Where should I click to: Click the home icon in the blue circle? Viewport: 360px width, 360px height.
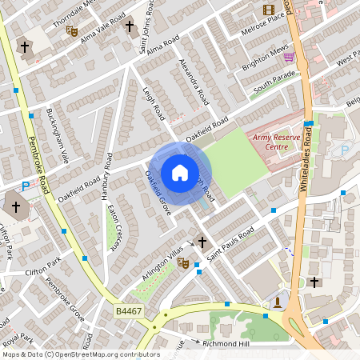180,172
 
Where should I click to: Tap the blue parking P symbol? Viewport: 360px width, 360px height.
25,186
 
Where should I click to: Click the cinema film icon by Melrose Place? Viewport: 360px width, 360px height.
269,10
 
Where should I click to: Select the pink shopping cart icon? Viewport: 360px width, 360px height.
288,57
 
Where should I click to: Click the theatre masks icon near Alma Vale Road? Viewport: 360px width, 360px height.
72,31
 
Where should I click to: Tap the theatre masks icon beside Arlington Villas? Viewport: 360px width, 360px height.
182,262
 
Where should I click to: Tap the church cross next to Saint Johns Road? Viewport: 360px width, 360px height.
130,27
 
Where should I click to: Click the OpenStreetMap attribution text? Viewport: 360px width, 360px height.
80,354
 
